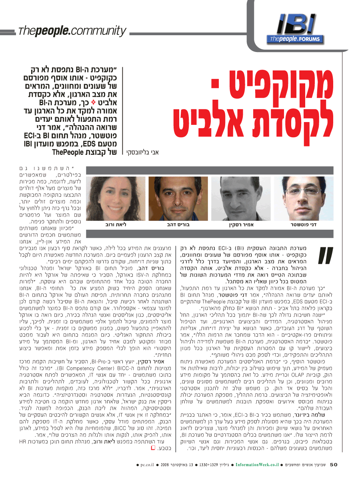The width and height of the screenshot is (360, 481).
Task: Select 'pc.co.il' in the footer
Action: (150, 465)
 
